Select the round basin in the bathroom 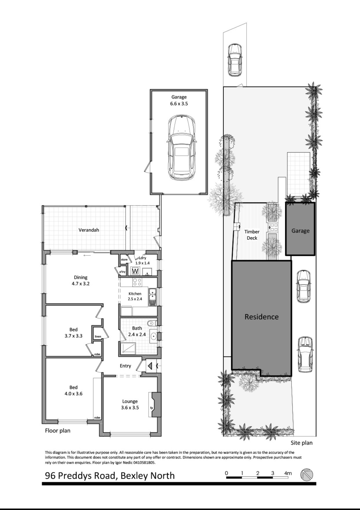point(153,336)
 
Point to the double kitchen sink point(152,297)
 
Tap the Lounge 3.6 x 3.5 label point(130,405)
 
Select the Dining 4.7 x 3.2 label point(81,281)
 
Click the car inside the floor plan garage point(181,147)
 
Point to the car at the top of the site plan point(234,60)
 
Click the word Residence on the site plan point(261,317)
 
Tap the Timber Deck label point(252,235)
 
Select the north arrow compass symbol point(307,474)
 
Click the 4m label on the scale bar point(288,473)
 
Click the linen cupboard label point(98,337)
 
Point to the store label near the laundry point(124,259)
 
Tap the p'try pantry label point(123,272)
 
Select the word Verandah point(89,230)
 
